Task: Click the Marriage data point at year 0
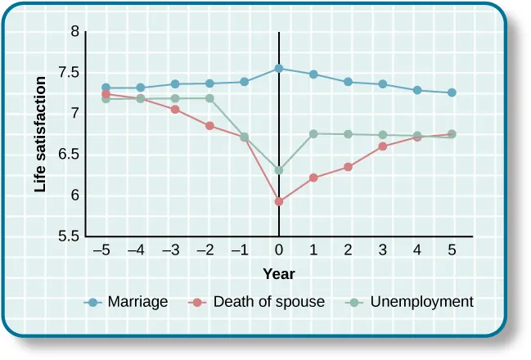click(x=279, y=69)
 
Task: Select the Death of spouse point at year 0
click(x=279, y=201)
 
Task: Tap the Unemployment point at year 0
click(x=279, y=170)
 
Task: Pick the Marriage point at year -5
click(x=106, y=88)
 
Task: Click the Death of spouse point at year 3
click(x=383, y=146)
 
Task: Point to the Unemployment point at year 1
click(x=313, y=133)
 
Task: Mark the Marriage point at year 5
click(x=452, y=92)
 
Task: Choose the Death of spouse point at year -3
click(x=175, y=109)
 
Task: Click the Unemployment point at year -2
click(x=210, y=98)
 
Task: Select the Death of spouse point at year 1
click(x=313, y=178)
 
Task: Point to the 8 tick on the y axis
click(x=75, y=32)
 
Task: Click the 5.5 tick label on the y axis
click(x=70, y=236)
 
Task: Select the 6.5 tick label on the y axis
click(x=70, y=155)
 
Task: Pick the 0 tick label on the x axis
click(x=279, y=251)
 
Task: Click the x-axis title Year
click(x=279, y=274)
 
